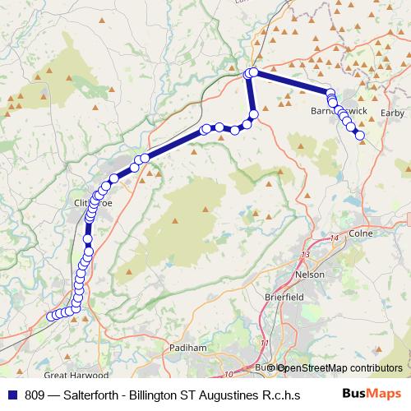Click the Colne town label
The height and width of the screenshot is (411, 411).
[361, 233]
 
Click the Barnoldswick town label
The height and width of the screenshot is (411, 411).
[333, 109]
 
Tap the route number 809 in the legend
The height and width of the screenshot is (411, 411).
[35, 394]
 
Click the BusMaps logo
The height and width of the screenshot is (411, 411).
[372, 394]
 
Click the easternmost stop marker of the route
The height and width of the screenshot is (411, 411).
[360, 136]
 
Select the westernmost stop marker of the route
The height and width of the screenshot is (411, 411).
[51, 316]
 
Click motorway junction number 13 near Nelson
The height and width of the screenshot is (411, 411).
[306, 255]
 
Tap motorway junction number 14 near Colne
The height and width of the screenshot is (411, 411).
[333, 238]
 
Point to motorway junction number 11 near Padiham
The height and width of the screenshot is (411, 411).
[264, 343]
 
